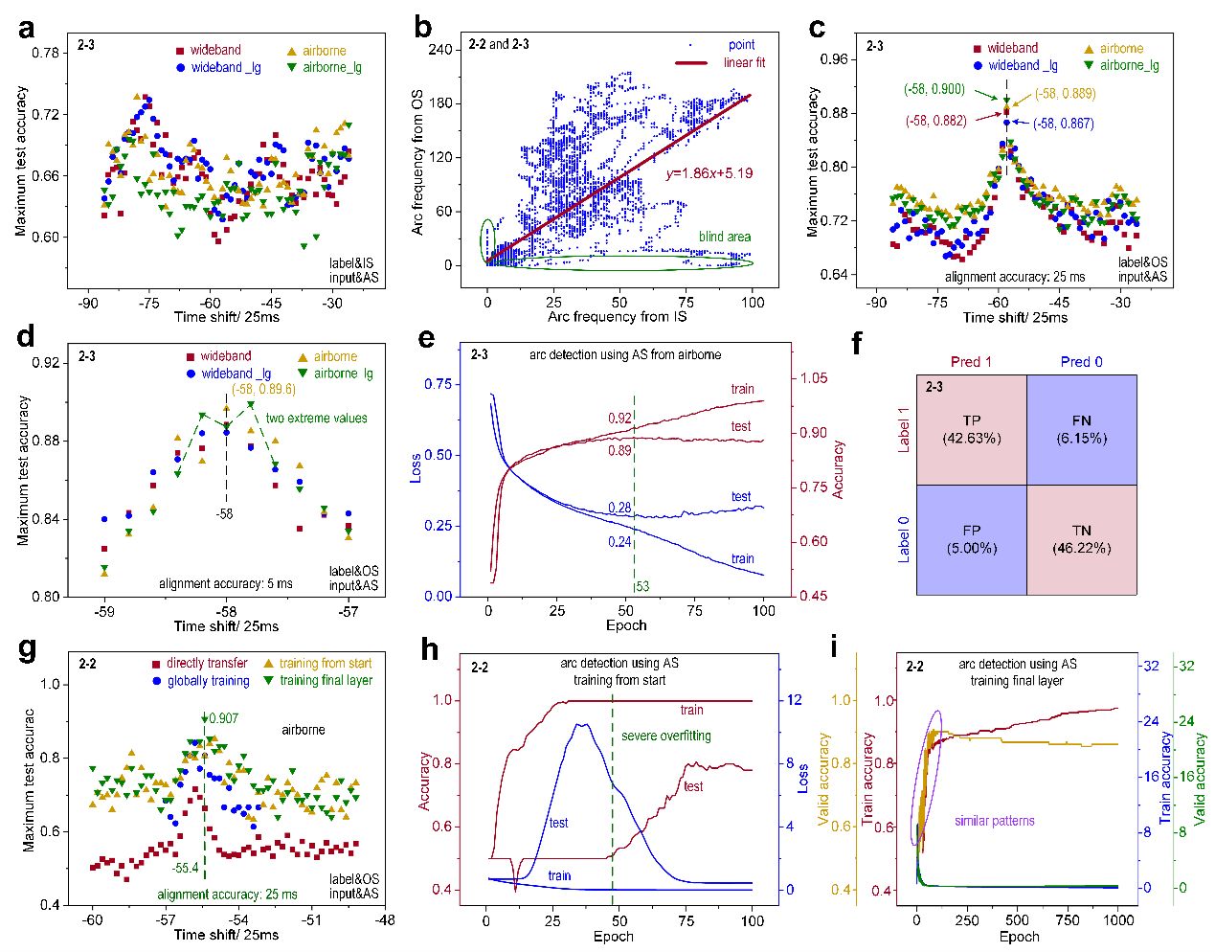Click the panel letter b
click(423, 27)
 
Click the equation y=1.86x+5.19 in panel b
click(709, 173)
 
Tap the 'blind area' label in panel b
click(724, 237)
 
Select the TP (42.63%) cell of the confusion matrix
click(971, 429)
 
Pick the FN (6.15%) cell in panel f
click(1081, 429)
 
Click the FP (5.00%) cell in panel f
click(971, 539)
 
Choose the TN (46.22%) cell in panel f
click(1081, 539)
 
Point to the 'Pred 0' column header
click(1081, 362)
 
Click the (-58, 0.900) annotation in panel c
click(934, 89)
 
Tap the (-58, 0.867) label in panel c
click(1063, 124)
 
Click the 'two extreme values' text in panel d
click(316, 419)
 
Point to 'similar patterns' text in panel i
click(994, 821)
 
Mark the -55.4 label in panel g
click(185, 869)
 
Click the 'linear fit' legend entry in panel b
click(744, 63)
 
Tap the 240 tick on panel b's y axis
click(439, 50)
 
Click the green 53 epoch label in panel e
click(641, 586)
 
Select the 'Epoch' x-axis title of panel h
click(613, 936)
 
